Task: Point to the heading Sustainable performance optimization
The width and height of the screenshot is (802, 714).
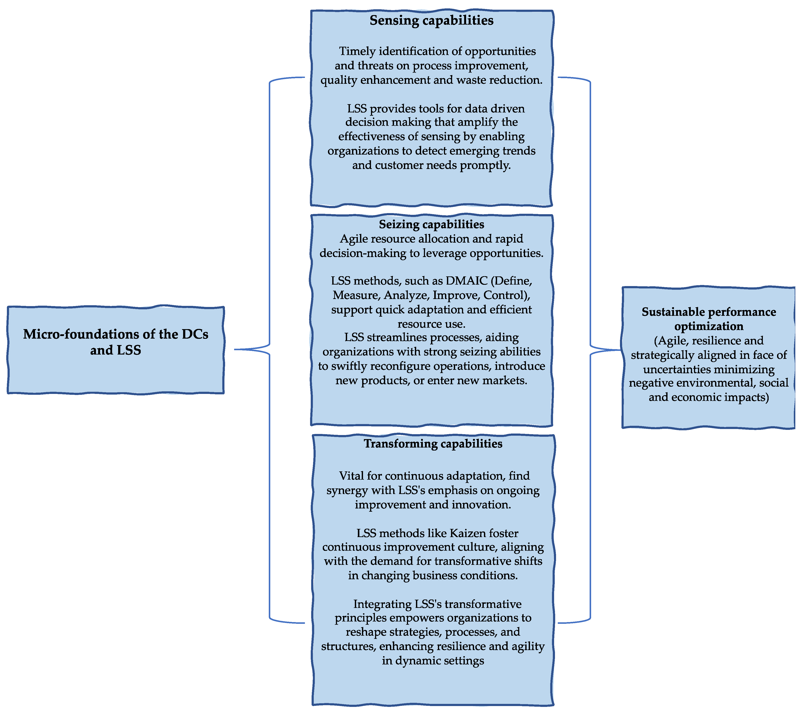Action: (709, 319)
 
